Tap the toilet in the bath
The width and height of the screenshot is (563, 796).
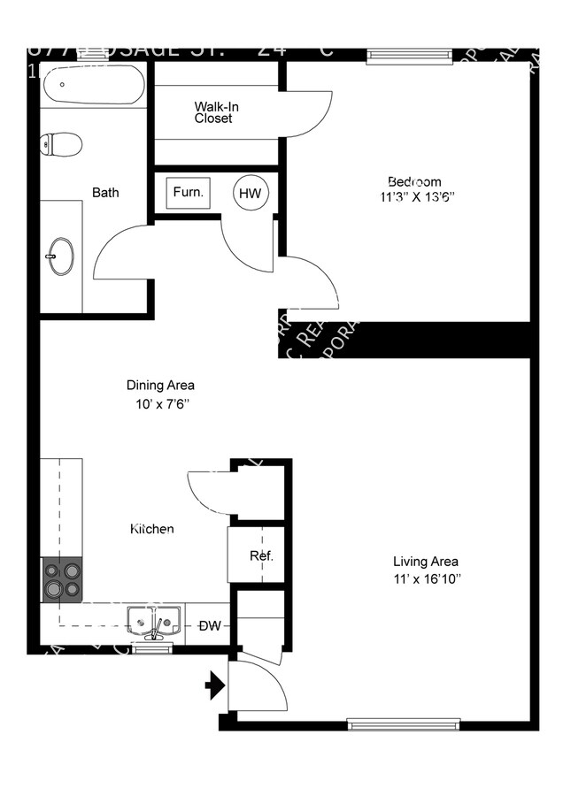click(x=62, y=144)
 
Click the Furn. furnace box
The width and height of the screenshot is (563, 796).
click(x=188, y=192)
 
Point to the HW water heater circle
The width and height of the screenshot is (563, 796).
click(x=250, y=193)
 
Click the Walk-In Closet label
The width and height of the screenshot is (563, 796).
click(x=217, y=112)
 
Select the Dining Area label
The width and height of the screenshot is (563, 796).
click(x=160, y=386)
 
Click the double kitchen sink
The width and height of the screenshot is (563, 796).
click(x=154, y=621)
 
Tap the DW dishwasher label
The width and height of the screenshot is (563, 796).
click(x=210, y=626)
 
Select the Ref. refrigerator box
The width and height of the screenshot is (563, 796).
click(x=260, y=555)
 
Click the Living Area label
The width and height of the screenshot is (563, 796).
click(x=426, y=561)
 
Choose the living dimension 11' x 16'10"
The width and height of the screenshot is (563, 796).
click(x=426, y=579)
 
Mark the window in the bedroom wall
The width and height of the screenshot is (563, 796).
click(x=404, y=55)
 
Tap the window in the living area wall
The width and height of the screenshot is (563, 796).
click(x=404, y=723)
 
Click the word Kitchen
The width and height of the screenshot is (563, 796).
click(x=152, y=529)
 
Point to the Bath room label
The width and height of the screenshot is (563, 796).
click(x=105, y=192)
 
